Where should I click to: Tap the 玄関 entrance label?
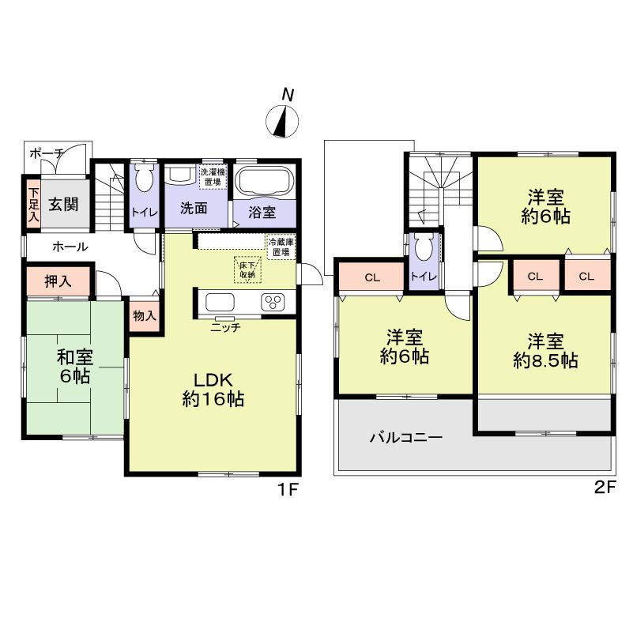[x=61, y=205]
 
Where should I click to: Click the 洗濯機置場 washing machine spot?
[x=213, y=176]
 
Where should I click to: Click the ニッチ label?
[x=225, y=327]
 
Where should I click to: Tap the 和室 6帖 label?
[x=73, y=365]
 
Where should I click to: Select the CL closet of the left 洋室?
[x=372, y=277]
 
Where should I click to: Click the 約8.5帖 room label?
[x=545, y=351]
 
